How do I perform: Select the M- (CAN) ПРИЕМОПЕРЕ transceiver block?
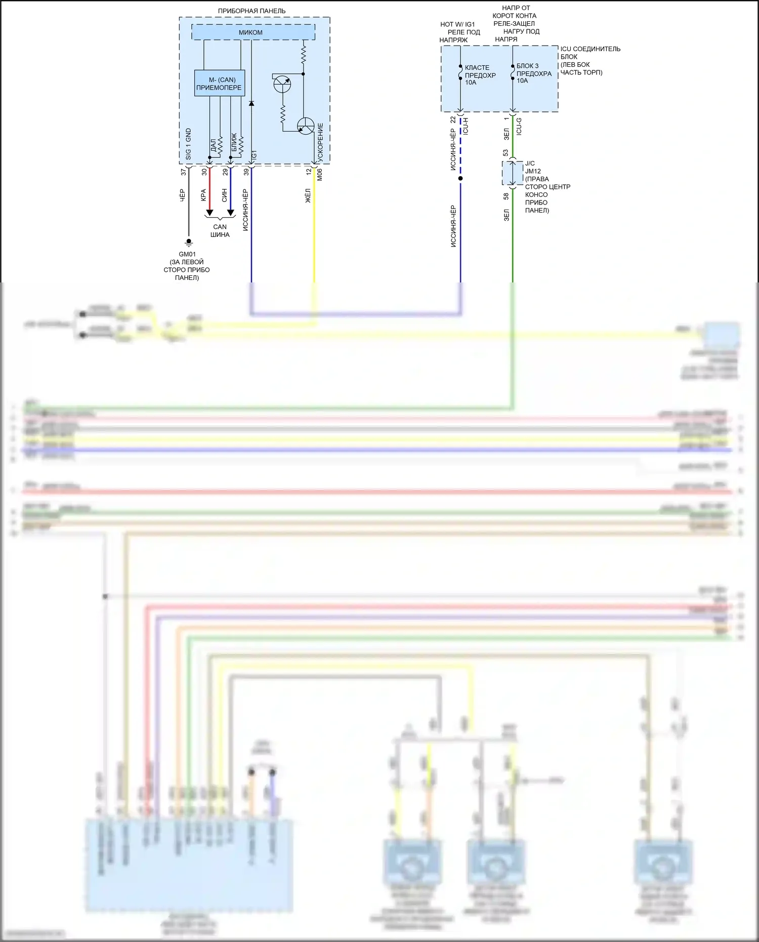pyautogui.click(x=219, y=84)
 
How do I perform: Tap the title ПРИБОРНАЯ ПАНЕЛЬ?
pyautogui.click(x=251, y=11)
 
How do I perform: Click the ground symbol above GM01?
pyautogui.click(x=189, y=242)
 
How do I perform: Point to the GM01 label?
pyautogui.click(x=187, y=254)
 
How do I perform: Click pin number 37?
pyautogui.click(x=183, y=172)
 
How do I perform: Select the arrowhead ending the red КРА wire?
pyautogui.click(x=209, y=213)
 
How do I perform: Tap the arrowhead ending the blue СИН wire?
pyautogui.click(x=231, y=213)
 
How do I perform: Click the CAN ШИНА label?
pyautogui.click(x=220, y=231)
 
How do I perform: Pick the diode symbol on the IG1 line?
pyautogui.click(x=251, y=103)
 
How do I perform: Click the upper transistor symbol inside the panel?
pyautogui.click(x=282, y=84)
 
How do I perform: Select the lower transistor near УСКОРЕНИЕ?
pyautogui.click(x=306, y=126)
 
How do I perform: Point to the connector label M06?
pyautogui.click(x=319, y=175)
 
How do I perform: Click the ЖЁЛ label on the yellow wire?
pyautogui.click(x=307, y=196)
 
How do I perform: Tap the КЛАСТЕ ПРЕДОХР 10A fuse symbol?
pyautogui.click(x=460, y=72)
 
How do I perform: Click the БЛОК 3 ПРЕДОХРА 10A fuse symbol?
pyautogui.click(x=513, y=72)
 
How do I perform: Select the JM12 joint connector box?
pyautogui.click(x=513, y=174)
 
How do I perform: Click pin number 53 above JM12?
pyautogui.click(x=505, y=153)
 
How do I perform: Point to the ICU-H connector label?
pyautogui.click(x=466, y=126)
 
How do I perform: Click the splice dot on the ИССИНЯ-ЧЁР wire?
pyautogui.click(x=460, y=178)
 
